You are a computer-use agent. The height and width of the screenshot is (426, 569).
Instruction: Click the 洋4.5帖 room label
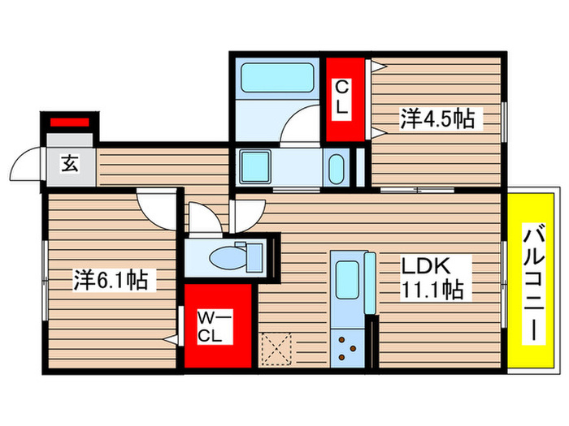click(x=437, y=118)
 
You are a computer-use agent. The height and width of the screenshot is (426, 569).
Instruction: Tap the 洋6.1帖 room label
click(x=111, y=279)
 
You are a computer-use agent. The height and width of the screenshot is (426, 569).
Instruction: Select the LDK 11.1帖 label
click(x=432, y=278)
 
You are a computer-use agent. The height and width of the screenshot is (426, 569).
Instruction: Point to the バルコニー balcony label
click(x=534, y=283)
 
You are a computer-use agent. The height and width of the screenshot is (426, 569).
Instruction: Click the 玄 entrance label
click(x=70, y=164)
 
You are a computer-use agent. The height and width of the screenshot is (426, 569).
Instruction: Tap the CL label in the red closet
click(x=341, y=97)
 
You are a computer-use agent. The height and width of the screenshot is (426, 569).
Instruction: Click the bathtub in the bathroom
click(x=277, y=78)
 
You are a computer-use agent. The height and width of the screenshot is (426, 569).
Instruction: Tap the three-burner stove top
click(x=347, y=348)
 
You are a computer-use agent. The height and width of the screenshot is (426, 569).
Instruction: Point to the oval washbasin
click(x=336, y=170)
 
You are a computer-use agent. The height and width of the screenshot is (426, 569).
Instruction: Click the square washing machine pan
click(x=256, y=167)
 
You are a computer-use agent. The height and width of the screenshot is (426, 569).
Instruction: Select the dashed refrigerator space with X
click(x=277, y=349)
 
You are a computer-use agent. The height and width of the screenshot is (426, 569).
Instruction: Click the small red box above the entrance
click(x=70, y=122)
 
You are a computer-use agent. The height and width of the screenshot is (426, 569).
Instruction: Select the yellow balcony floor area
click(x=531, y=280)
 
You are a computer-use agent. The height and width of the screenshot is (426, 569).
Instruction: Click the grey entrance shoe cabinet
click(x=70, y=140)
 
